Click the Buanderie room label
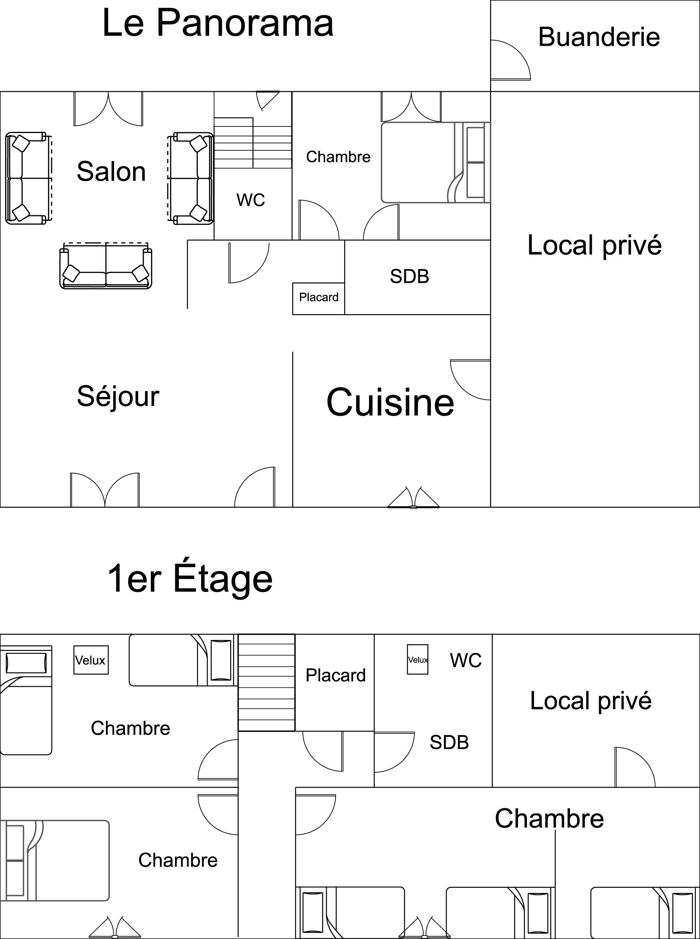click(x=599, y=37)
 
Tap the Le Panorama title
click(x=218, y=23)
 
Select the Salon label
click(x=111, y=171)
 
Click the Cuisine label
click(x=390, y=402)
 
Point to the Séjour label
click(x=118, y=396)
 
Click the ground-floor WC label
click(x=251, y=200)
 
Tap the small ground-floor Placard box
click(x=319, y=299)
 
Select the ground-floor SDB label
click(x=409, y=276)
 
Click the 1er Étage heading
click(x=190, y=579)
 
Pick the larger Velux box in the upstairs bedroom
click(x=91, y=660)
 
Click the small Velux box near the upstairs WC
click(x=418, y=659)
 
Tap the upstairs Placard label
click(x=336, y=675)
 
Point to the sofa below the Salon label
click(x=106, y=266)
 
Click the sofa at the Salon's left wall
click(x=28, y=178)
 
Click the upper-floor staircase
click(x=267, y=682)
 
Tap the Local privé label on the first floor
click(x=591, y=701)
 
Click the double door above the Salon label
click(x=109, y=109)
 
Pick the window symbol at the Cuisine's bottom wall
click(x=414, y=497)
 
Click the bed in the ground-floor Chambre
click(x=436, y=163)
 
